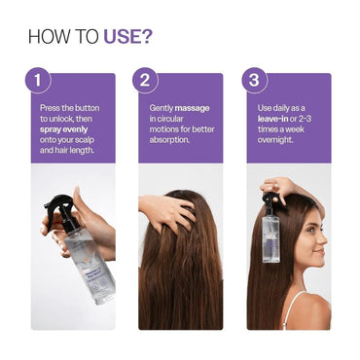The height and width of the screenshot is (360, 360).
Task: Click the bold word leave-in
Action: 281,117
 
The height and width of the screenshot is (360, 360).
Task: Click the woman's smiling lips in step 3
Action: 319,256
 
